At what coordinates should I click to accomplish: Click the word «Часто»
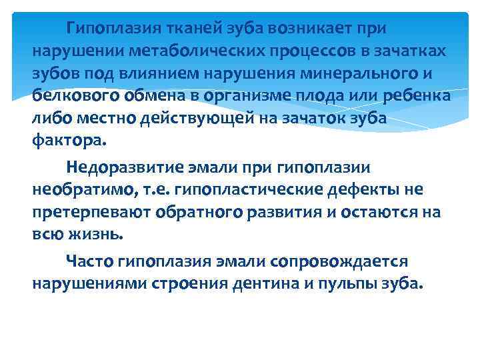point(89,261)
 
